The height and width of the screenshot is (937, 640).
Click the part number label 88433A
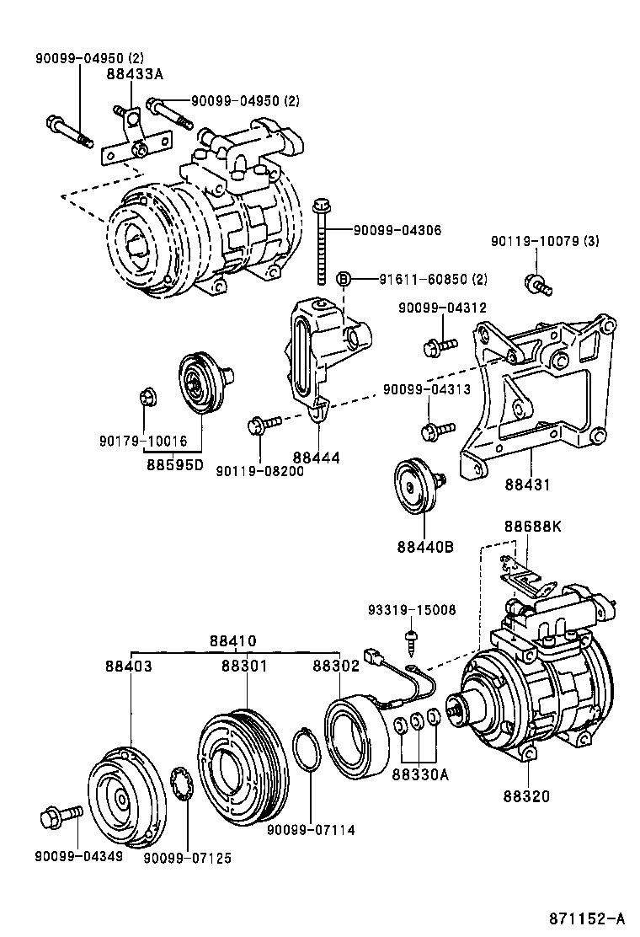pos(134,74)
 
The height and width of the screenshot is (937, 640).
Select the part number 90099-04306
pos(397,230)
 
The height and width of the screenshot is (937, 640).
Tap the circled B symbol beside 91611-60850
pos(344,279)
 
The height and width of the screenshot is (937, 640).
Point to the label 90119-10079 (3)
pos(544,242)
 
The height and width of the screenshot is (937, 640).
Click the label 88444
pos(317,458)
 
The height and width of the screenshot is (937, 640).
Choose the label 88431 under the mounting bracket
pos(528,485)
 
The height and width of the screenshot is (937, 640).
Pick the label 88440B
pos(425,546)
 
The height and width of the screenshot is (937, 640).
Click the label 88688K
pos(532,527)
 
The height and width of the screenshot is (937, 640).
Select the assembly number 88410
pos(233,641)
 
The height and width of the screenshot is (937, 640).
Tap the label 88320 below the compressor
pos(527,795)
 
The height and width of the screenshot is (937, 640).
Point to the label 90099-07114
pos(311,830)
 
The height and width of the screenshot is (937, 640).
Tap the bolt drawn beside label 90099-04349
pos(61,816)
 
